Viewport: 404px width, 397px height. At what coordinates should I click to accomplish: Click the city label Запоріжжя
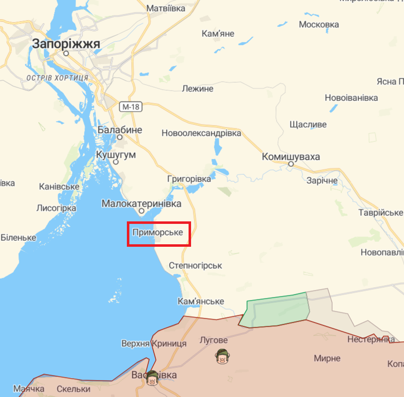(66, 44)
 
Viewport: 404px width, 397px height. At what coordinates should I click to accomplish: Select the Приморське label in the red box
(158, 232)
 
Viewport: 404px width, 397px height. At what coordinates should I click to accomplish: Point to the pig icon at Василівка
(152, 379)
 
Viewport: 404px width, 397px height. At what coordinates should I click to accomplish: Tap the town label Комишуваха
(291, 157)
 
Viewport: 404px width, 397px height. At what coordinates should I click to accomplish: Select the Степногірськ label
(196, 266)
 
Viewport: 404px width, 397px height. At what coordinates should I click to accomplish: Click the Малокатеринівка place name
(141, 204)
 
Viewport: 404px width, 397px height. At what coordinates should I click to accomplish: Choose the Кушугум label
(115, 155)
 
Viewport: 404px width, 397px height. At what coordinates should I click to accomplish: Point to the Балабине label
(119, 130)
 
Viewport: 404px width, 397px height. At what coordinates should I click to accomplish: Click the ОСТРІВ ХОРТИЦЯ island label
(56, 78)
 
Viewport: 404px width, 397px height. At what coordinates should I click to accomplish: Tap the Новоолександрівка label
(201, 133)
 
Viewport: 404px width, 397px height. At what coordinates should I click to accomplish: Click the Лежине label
(198, 89)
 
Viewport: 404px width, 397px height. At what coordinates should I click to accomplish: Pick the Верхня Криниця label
(154, 343)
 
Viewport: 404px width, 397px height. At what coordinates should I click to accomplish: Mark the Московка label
(319, 24)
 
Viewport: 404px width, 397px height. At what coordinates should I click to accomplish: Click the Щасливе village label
(308, 124)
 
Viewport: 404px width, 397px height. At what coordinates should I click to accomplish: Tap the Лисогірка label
(56, 208)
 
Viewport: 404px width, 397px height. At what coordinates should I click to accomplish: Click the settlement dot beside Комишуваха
(291, 164)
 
